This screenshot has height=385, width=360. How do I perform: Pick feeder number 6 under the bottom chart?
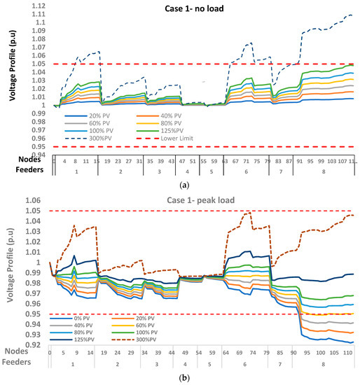pyautogui.click(x=245, y=365)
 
